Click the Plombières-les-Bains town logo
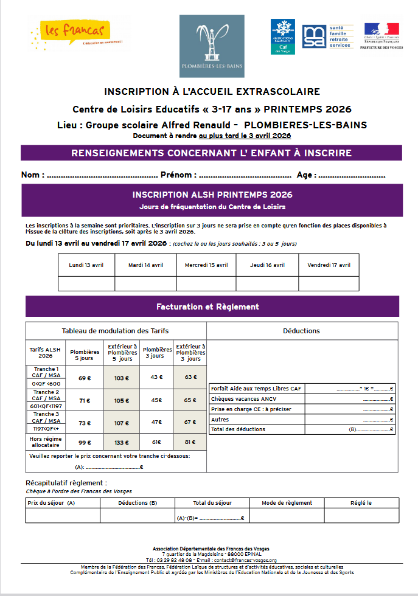(211, 46)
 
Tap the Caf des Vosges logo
(283, 36)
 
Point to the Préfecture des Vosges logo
(381, 36)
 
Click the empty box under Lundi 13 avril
(86, 284)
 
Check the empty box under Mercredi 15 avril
(206, 284)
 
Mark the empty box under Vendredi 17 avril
(329, 284)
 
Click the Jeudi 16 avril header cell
(268, 265)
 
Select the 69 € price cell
(85, 378)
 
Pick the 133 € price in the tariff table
(122, 442)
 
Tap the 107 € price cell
(122, 423)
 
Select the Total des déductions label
(238, 429)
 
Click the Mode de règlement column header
(287, 503)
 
